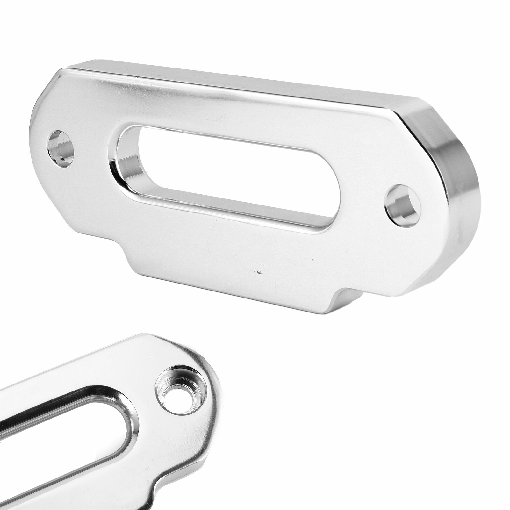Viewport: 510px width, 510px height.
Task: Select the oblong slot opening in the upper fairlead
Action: (x=229, y=178)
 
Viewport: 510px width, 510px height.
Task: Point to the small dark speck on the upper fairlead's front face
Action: (x=259, y=272)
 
